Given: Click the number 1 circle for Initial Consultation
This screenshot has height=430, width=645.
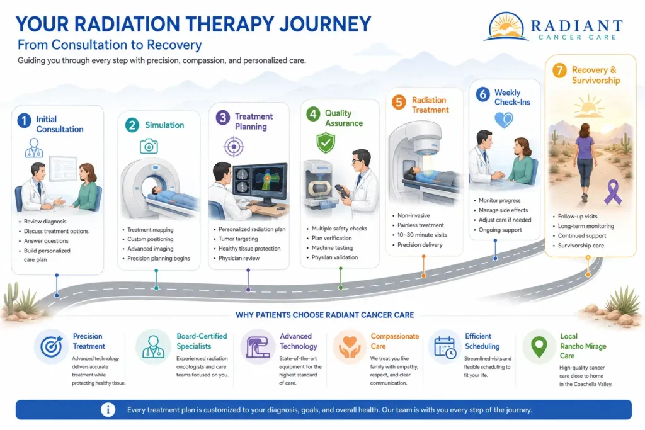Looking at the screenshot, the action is pos(25,120).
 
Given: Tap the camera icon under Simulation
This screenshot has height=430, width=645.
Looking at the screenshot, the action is pos(149,146).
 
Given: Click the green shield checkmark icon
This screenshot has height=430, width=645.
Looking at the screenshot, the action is pos(326,143).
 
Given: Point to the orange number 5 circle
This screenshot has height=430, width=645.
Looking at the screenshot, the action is pos(399,102).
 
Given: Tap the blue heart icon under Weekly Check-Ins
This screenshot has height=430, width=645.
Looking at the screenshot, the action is pos(504,120).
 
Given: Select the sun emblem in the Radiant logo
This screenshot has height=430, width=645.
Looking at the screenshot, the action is pos(506,26).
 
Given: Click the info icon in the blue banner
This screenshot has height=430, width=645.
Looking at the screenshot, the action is pos(108,410).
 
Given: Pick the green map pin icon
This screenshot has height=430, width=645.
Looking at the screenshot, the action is pos(539,347).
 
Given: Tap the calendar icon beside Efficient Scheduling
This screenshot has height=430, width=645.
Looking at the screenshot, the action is pos(445,348).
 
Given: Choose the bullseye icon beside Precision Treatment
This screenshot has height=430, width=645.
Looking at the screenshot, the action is pos(52,346).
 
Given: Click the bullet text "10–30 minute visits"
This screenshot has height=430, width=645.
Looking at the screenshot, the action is pos(422,235).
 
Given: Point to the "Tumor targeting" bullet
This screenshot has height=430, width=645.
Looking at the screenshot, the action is pos(238,239).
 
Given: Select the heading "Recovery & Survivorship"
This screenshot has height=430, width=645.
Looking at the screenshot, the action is pos(596,75).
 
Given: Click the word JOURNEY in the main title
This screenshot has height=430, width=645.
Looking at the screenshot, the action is pos(325,25).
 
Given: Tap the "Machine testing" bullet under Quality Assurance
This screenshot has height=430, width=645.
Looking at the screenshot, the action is pos(332,248).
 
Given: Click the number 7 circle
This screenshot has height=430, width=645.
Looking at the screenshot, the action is pos(559,71).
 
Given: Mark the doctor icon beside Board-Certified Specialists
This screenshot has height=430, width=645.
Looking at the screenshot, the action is pos(154,346).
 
